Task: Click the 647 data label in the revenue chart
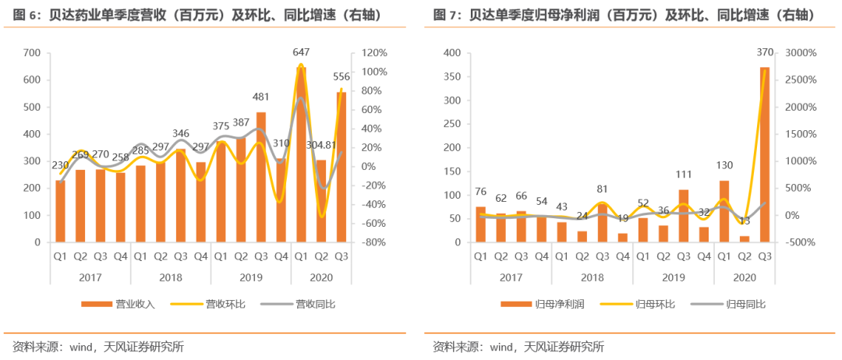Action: pos(301,52)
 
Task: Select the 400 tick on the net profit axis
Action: pos(451,53)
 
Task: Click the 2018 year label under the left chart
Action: pos(170,277)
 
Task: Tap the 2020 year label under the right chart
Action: pos(744,277)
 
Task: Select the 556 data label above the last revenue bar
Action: pos(341,77)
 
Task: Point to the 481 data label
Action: pos(261,97)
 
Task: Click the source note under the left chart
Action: pos(97,347)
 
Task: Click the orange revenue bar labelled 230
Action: pos(60,211)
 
